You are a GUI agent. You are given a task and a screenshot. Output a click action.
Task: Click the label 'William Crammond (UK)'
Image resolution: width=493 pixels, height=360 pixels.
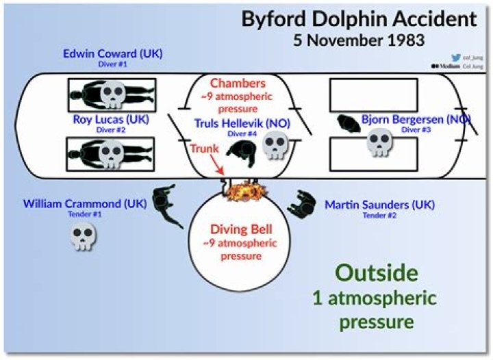84,204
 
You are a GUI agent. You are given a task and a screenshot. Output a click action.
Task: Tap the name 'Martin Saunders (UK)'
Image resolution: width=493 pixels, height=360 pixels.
379,205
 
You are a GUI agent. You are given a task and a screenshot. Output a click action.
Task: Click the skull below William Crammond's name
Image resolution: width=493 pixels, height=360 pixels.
84,236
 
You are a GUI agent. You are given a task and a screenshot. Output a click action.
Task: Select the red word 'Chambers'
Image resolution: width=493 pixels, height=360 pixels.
238,83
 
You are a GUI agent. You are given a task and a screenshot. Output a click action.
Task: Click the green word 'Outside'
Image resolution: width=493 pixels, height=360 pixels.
377,272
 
